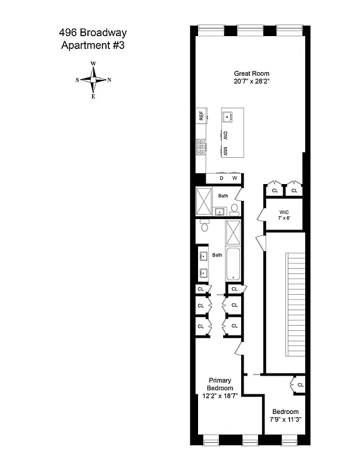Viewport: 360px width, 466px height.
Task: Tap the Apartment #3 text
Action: (x=93, y=46)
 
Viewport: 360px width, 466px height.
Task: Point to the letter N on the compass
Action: (x=110, y=80)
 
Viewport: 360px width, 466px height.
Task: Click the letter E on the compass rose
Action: (x=93, y=96)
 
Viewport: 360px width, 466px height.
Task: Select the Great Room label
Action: (x=252, y=73)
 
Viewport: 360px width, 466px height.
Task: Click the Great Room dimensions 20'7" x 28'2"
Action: (x=252, y=82)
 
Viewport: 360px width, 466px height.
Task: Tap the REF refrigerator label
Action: (x=201, y=116)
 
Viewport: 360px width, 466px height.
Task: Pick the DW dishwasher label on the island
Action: (x=225, y=135)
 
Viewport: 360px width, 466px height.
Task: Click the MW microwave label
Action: (x=225, y=151)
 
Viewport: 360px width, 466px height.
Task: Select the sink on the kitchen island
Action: (x=228, y=116)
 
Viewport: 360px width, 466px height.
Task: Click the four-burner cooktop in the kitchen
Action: (x=201, y=148)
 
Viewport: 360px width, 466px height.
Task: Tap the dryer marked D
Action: (x=221, y=178)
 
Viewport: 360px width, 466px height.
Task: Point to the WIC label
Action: (x=284, y=211)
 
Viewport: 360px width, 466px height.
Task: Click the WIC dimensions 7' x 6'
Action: (x=284, y=219)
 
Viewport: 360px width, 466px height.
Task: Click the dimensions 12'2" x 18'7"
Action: (x=220, y=396)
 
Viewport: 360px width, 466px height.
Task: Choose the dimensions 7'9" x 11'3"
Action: (x=285, y=419)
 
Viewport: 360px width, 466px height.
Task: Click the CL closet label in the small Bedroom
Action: (x=300, y=385)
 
